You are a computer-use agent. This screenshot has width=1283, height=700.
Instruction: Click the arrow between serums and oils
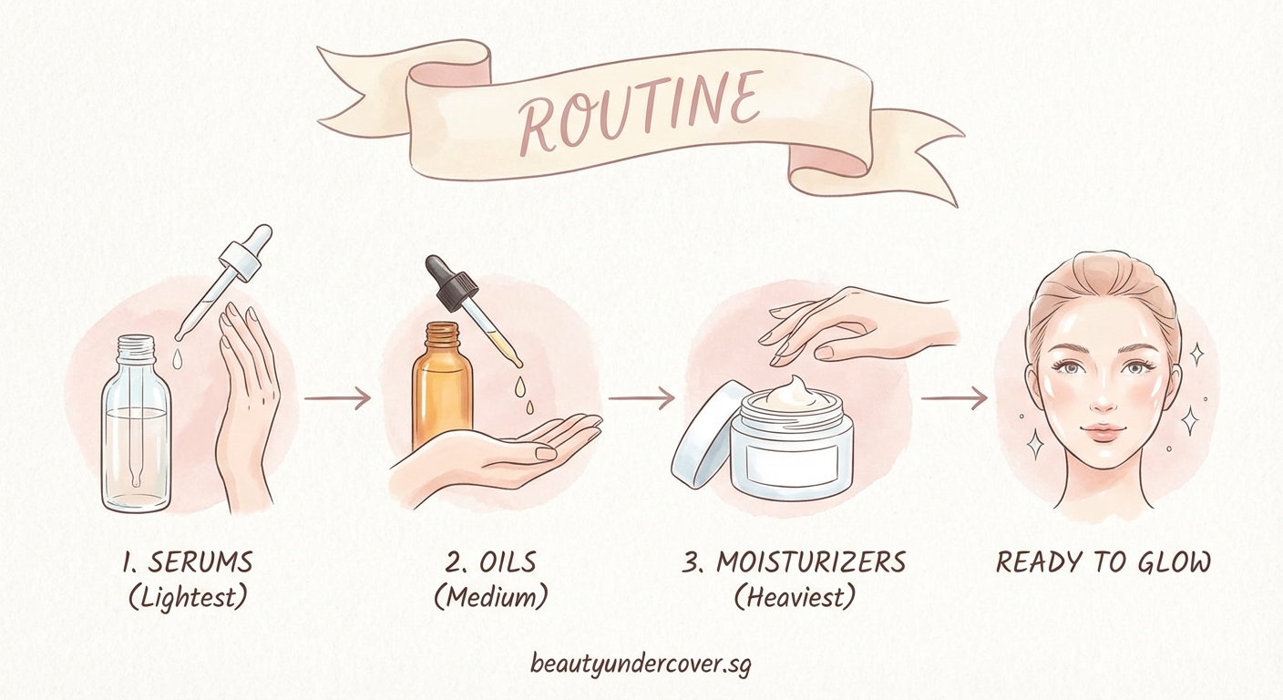coord(336,398)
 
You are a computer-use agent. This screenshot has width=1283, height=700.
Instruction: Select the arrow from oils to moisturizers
coord(641,398)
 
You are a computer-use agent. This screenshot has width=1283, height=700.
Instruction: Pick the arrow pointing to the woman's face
coord(954,398)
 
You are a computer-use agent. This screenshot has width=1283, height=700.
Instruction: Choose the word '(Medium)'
coord(490,598)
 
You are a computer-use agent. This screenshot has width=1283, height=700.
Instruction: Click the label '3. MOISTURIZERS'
coord(794,562)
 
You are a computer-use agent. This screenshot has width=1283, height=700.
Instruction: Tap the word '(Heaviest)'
coord(795,598)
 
